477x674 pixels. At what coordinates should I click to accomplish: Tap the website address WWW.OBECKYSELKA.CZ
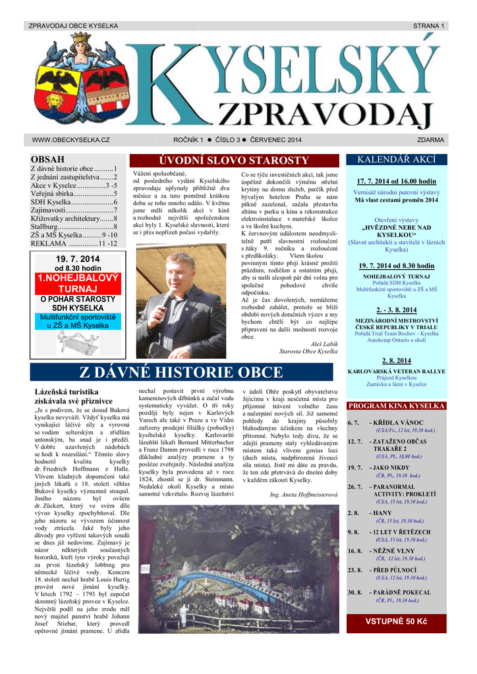(70, 140)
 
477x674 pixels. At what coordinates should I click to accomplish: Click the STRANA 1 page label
(429, 26)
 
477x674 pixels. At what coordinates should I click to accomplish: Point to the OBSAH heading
(47, 159)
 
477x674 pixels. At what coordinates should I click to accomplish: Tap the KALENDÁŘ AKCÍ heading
(396, 160)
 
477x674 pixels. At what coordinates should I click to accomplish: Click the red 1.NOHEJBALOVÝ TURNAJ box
(78, 283)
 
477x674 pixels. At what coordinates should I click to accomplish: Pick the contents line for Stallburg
(74, 226)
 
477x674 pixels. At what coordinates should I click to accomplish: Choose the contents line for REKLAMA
(74, 244)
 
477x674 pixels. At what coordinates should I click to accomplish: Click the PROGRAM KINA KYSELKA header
(396, 406)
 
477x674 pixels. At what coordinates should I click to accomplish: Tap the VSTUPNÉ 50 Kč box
(396, 621)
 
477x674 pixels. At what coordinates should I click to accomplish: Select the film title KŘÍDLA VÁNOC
(403, 423)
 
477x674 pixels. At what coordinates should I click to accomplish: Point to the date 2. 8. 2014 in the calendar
(396, 361)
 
